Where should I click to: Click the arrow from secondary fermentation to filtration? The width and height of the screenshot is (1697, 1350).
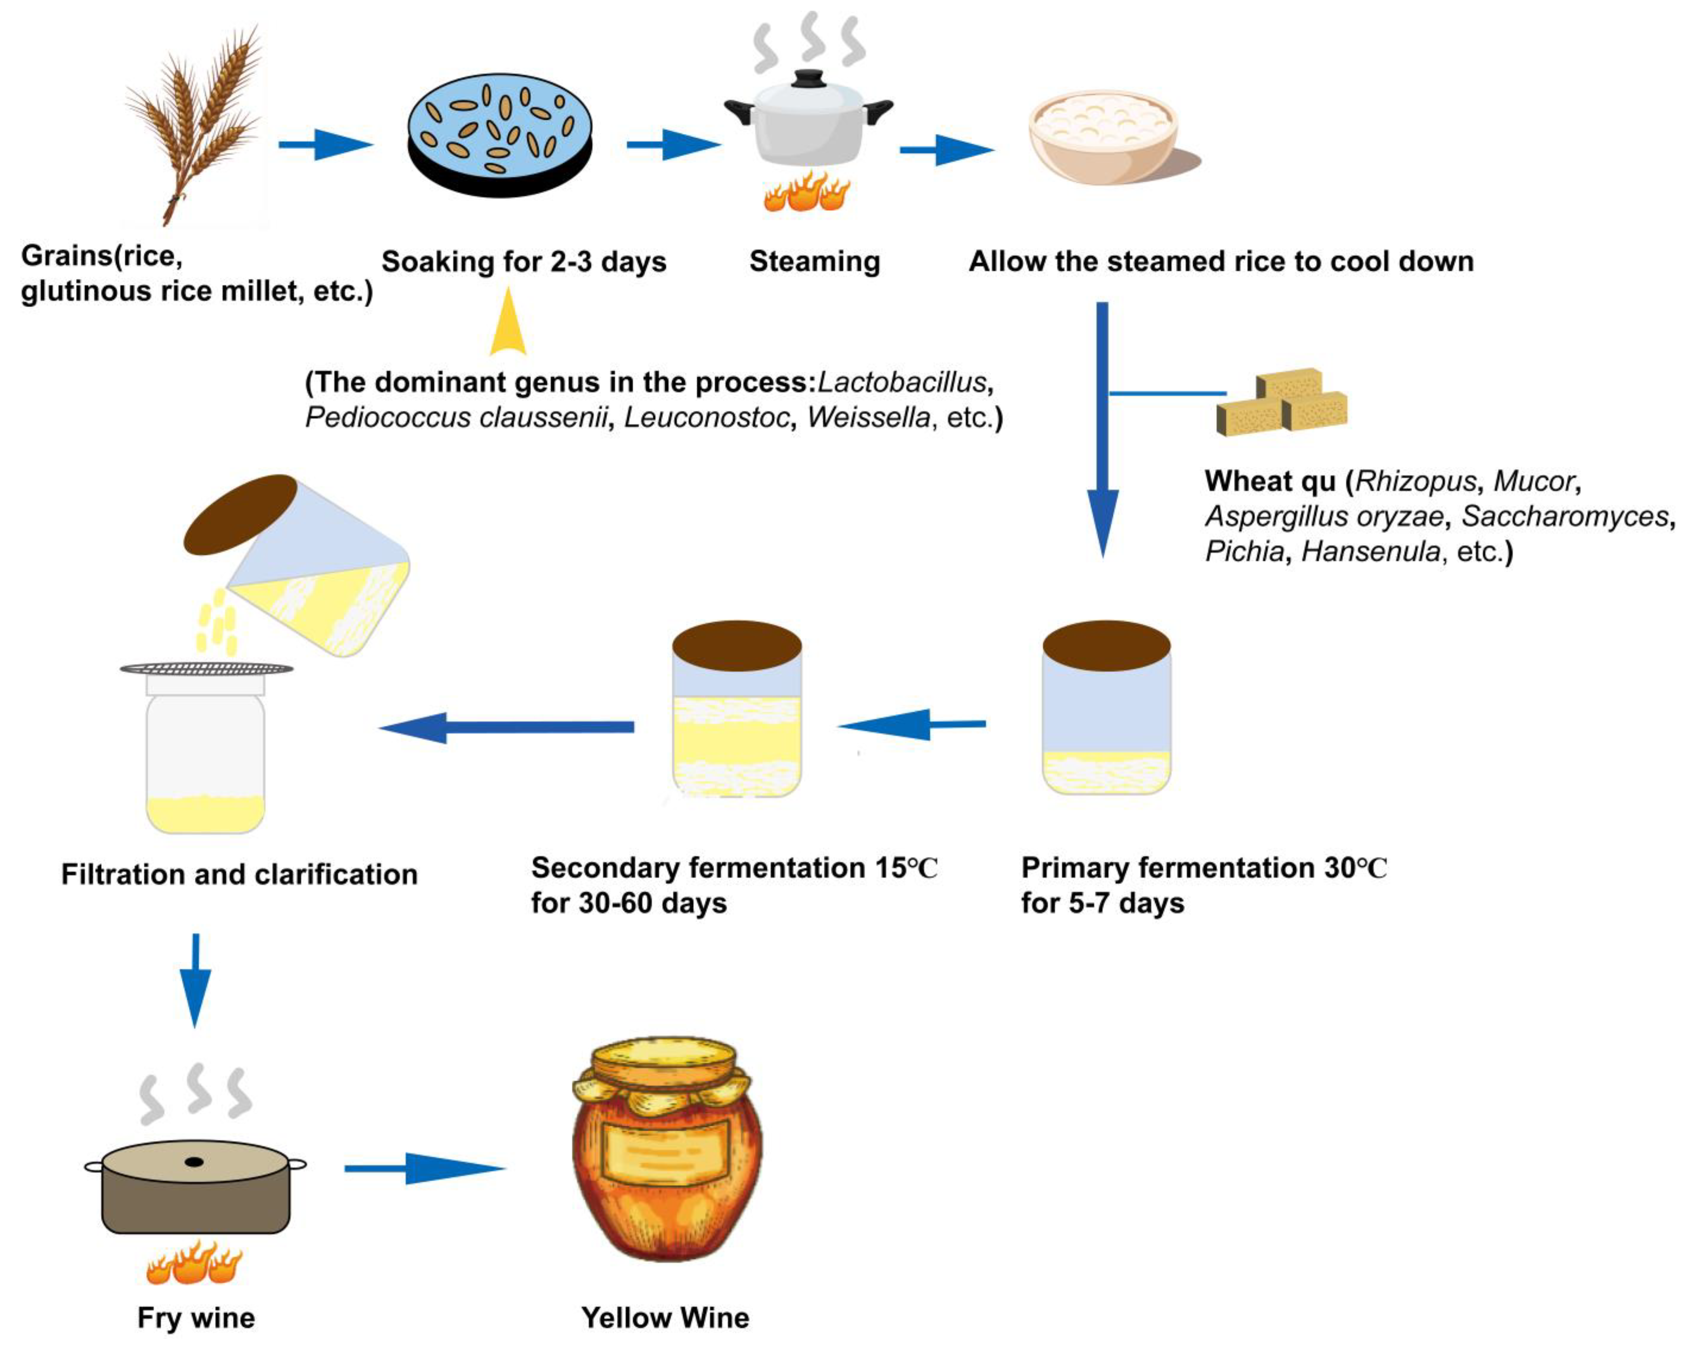508,726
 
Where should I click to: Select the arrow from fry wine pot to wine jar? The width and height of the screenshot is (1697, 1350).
425,1168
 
